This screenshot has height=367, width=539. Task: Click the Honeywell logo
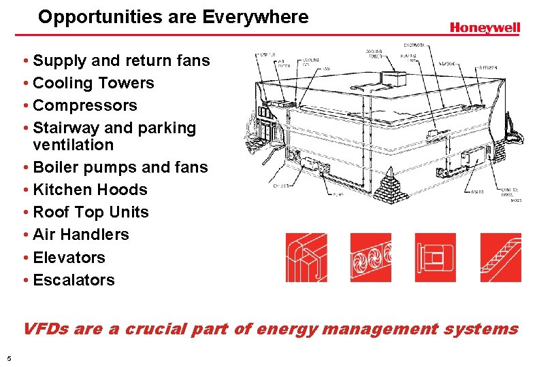[485, 27]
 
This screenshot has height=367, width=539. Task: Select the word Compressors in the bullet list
[85, 105]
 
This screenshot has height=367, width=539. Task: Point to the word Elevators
[69, 258]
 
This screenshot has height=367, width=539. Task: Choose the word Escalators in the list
[74, 280]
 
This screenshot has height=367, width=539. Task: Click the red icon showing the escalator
[500, 258]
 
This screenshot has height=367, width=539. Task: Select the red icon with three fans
[371, 258]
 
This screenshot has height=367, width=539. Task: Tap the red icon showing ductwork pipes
[306, 258]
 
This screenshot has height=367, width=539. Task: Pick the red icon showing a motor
[436, 258]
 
